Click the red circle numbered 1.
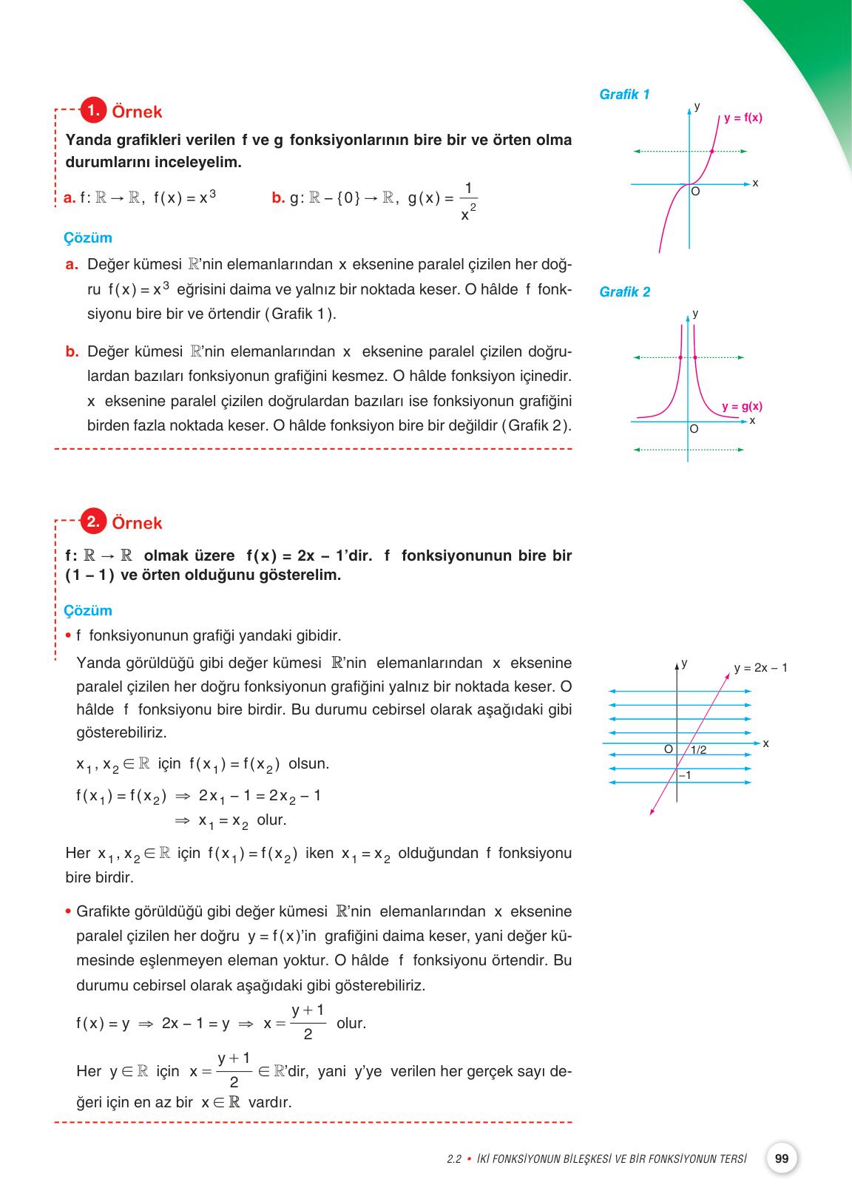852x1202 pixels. click(x=92, y=110)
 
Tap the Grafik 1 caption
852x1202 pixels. click(x=624, y=95)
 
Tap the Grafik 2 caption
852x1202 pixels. click(x=625, y=292)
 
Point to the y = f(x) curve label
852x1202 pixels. click(x=743, y=118)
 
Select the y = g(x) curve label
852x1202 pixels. click(x=742, y=406)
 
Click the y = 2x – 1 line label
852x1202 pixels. click(x=760, y=668)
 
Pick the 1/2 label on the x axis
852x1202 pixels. click(x=698, y=750)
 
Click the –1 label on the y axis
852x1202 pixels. click(x=684, y=774)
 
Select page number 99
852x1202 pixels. click(x=782, y=1158)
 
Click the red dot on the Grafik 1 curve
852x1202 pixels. click(x=712, y=151)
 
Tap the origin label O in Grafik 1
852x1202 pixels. click(x=695, y=192)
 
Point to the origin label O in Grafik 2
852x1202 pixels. click(x=694, y=429)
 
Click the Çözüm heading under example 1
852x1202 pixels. click(x=88, y=238)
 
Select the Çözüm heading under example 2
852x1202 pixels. click(x=88, y=611)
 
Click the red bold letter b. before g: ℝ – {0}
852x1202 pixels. click(x=278, y=197)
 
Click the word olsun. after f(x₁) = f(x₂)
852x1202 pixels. click(x=308, y=763)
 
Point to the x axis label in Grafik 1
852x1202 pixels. click(x=755, y=183)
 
